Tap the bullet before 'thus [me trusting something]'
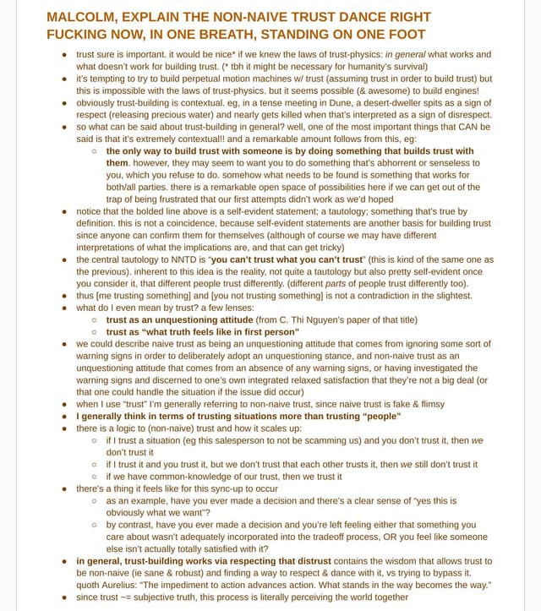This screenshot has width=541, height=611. click(66, 296)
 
